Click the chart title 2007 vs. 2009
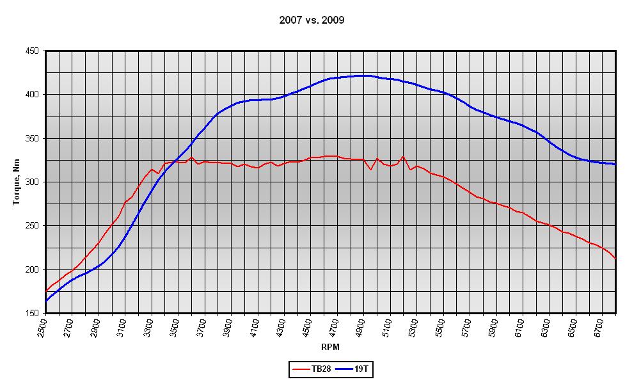click(312, 20)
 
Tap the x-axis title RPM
click(330, 347)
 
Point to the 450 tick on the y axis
click(32, 51)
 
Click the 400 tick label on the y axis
click(32, 95)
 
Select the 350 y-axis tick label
click(32, 138)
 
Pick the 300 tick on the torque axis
click(32, 182)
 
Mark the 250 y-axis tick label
click(32, 226)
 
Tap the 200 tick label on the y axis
click(32, 269)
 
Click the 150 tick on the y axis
click(32, 314)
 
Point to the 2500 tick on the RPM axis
click(43, 327)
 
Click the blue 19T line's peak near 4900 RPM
click(363, 76)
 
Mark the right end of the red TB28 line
click(615, 258)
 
